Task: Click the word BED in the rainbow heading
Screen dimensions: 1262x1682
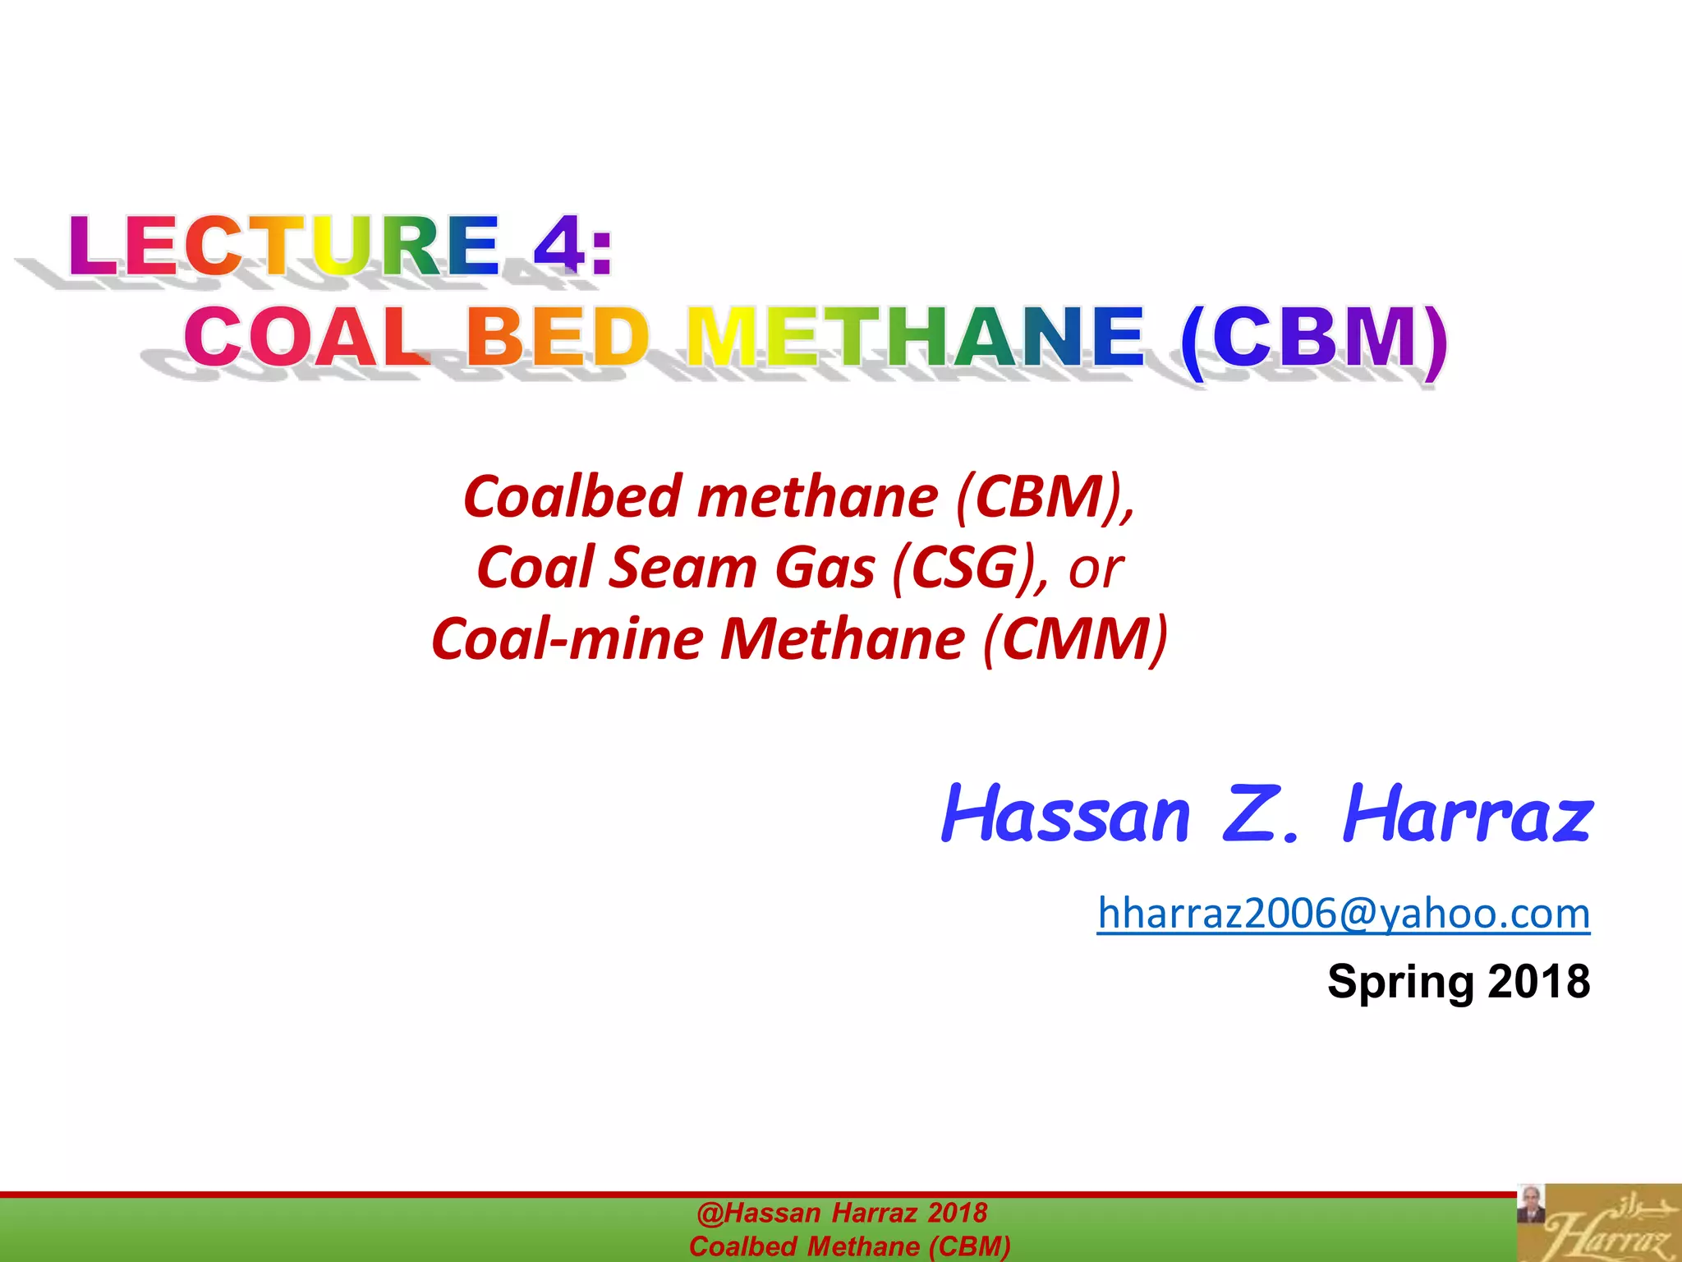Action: click(558, 337)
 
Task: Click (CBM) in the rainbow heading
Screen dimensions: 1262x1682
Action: click(1314, 339)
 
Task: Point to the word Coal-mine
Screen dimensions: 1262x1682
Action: click(567, 639)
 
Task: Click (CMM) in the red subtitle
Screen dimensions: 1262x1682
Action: click(1076, 640)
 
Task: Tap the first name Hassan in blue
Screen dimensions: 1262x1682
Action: click(1065, 816)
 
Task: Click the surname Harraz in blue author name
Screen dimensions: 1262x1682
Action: click(1468, 816)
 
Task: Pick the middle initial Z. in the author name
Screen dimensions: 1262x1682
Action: click(1262, 816)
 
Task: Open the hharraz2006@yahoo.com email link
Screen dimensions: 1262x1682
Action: click(1344, 914)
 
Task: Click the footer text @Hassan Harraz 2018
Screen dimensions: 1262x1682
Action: click(842, 1213)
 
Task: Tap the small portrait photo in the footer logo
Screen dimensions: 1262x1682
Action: click(1530, 1204)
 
